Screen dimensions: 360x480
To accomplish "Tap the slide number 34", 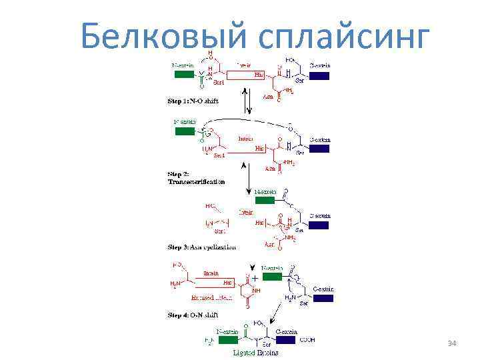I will tap(452, 343).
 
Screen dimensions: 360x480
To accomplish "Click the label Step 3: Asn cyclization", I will tap(201, 247).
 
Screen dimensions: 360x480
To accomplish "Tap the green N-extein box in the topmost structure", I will tap(183, 75).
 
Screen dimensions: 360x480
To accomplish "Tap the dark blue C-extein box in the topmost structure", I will tap(319, 75).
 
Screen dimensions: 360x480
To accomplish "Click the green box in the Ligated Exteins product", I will tap(227, 339).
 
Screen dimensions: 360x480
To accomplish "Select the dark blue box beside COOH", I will tap(286, 339).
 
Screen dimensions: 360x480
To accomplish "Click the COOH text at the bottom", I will tap(308, 339).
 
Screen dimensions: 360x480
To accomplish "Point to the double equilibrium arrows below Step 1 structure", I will tap(248, 101).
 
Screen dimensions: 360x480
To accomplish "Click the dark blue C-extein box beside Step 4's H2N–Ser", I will tap(323, 298).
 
